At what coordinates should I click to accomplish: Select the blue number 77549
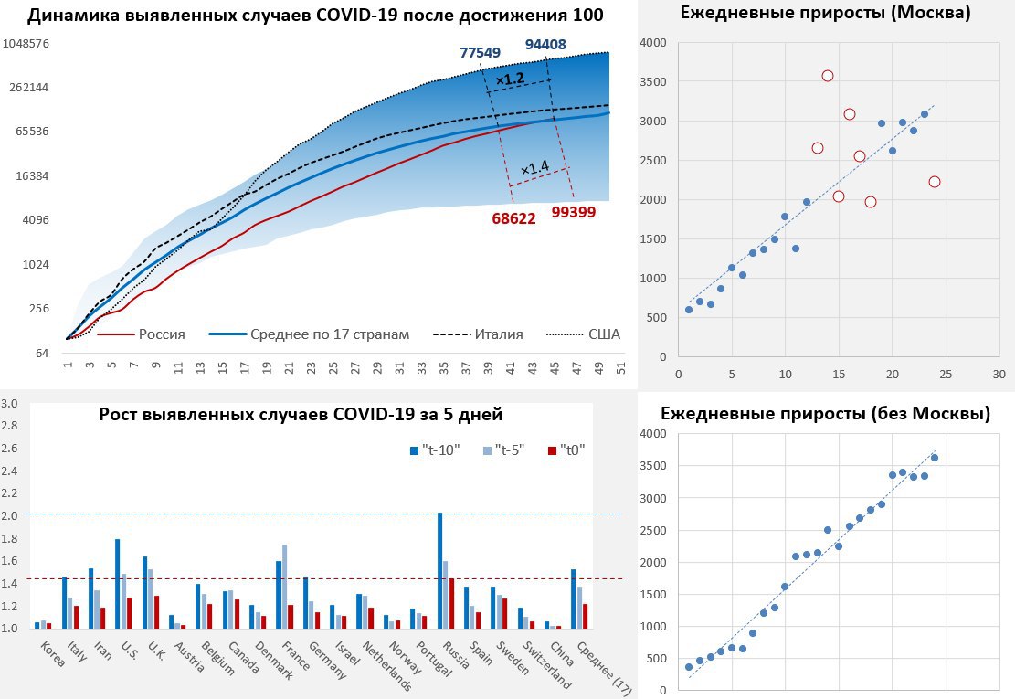(x=480, y=53)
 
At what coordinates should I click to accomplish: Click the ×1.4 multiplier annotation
(x=534, y=168)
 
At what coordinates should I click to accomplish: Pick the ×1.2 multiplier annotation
(x=509, y=79)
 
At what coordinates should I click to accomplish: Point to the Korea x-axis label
(x=53, y=654)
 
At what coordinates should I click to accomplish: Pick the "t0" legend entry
(x=569, y=450)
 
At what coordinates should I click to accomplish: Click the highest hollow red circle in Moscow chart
(x=828, y=76)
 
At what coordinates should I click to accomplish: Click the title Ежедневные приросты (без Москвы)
(x=826, y=414)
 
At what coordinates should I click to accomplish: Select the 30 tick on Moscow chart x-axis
(x=999, y=374)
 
